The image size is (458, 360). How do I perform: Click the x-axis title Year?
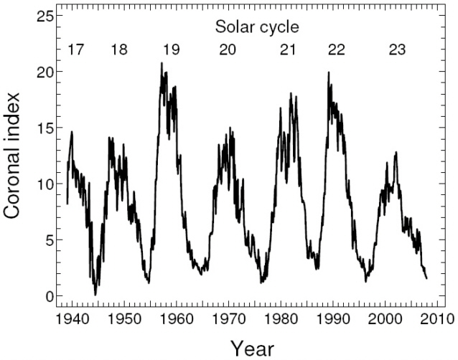click(x=252, y=348)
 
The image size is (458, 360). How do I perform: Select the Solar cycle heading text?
click(x=257, y=27)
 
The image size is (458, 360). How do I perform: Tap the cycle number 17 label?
click(x=76, y=50)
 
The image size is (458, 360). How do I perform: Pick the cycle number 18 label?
click(x=119, y=50)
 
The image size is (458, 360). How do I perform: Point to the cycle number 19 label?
click(x=171, y=50)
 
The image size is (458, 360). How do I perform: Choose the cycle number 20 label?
click(x=227, y=50)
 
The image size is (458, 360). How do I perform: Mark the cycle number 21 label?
click(x=288, y=50)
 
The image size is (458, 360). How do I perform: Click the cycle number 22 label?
click(x=335, y=50)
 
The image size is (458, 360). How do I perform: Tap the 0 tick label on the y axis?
click(x=48, y=296)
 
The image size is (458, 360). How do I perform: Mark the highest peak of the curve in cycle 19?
click(x=162, y=63)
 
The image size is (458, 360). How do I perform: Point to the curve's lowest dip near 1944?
click(x=95, y=294)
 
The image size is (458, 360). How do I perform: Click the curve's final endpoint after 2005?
click(x=426, y=278)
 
